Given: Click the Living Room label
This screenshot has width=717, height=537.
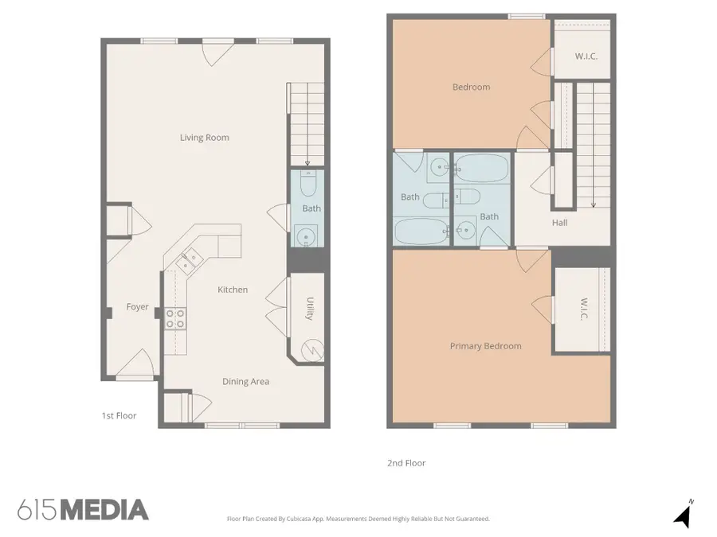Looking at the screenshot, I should click(x=204, y=138).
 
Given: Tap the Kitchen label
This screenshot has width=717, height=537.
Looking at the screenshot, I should click(x=233, y=290).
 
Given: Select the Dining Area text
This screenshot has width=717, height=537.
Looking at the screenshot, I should click(x=245, y=382).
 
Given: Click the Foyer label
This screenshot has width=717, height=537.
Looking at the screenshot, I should click(x=137, y=307).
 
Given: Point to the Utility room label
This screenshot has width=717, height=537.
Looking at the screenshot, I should click(x=309, y=309).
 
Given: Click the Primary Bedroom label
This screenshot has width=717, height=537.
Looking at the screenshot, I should click(x=485, y=346).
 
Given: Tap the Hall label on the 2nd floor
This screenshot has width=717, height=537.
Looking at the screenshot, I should click(x=559, y=223).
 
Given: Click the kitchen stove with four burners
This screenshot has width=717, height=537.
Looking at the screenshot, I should click(x=175, y=318).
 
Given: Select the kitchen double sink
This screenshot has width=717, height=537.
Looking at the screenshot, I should click(x=190, y=260).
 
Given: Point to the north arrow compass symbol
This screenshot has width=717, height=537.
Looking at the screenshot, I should click(x=682, y=515).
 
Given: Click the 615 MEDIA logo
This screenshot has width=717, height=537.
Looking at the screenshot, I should click(x=83, y=510).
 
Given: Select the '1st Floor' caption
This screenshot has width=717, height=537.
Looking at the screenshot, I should click(x=119, y=416).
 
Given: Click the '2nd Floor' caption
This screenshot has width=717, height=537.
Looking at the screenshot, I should click(x=406, y=463).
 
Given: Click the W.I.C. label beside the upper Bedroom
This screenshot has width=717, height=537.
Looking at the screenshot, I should click(x=586, y=56).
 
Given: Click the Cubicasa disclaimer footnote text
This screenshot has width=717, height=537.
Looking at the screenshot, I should click(x=358, y=519).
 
